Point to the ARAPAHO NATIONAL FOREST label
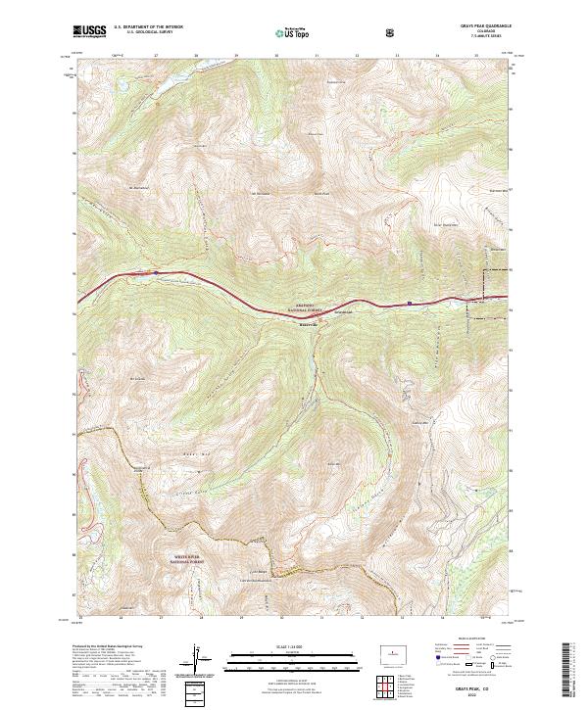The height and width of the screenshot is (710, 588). pyautogui.click(x=304, y=307)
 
